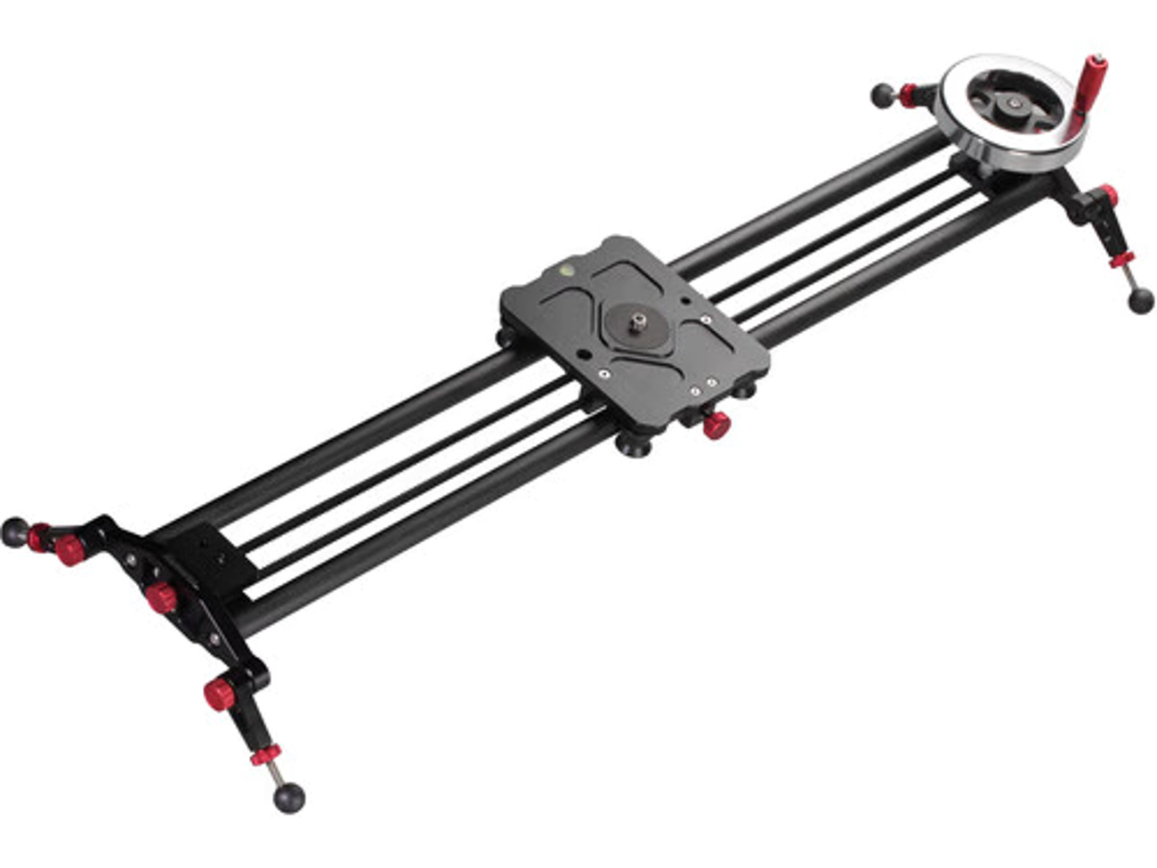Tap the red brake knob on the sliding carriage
[x=715, y=426]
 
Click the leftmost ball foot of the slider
[x=14, y=531]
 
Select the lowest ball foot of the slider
[x=288, y=798]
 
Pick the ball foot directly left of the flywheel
[x=882, y=93]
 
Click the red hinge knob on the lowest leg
[x=217, y=694]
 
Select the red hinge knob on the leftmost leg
[x=69, y=551]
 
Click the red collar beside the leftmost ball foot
[x=39, y=537]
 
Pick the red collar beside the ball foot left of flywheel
[x=908, y=93]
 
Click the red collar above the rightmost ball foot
[x=1121, y=261]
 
